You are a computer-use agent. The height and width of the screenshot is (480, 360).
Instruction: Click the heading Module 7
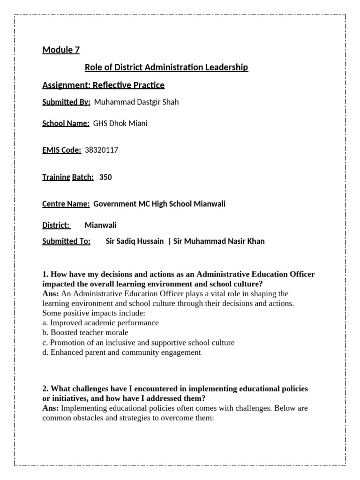click(x=61, y=50)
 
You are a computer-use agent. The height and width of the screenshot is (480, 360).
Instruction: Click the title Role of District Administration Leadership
click(x=166, y=67)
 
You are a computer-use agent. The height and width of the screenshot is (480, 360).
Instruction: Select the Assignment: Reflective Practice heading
click(x=103, y=85)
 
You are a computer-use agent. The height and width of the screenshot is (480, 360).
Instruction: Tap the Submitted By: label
click(x=66, y=102)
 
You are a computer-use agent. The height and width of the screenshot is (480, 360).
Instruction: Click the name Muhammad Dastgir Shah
click(x=136, y=102)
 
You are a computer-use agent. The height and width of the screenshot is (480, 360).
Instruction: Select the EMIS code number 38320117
click(x=102, y=150)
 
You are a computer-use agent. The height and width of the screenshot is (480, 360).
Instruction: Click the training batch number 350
click(x=105, y=177)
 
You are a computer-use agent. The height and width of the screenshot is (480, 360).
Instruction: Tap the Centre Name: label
click(x=66, y=204)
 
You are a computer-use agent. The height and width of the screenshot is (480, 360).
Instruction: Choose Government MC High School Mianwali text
click(x=159, y=204)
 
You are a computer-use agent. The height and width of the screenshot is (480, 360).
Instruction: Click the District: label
click(x=56, y=225)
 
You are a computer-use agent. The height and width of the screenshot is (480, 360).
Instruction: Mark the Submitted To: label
click(x=66, y=241)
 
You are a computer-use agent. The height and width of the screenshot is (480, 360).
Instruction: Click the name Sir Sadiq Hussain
click(x=135, y=241)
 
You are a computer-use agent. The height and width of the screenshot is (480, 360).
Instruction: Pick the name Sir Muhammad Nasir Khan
click(x=219, y=241)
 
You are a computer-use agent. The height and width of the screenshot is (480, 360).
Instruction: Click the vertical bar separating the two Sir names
click(x=169, y=241)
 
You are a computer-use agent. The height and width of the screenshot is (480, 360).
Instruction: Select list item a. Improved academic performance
click(x=100, y=323)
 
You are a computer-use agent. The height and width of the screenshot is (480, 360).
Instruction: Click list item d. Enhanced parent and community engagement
click(x=121, y=352)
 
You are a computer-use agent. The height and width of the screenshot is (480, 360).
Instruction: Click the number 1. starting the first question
click(x=45, y=274)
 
